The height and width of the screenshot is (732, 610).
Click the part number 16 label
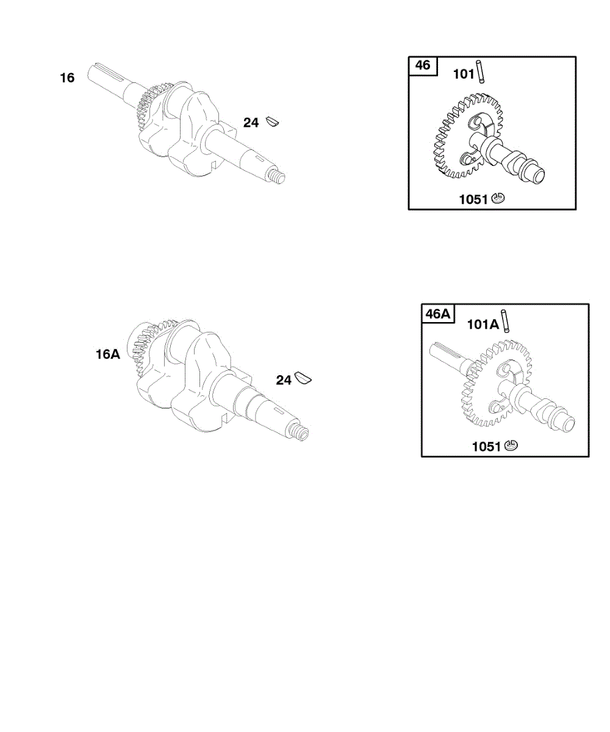[x=67, y=78]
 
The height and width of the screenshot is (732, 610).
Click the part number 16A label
[x=108, y=354]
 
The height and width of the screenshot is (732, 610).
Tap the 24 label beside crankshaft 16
[x=251, y=123]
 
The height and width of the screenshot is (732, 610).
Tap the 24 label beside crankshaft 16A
[x=284, y=381]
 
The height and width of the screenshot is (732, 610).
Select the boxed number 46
[x=423, y=65]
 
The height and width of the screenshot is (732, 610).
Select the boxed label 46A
[x=437, y=314]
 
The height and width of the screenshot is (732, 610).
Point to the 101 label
[x=464, y=74]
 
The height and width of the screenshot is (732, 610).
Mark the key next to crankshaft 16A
[x=303, y=379]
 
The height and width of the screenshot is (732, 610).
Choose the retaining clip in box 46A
[x=512, y=447]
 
